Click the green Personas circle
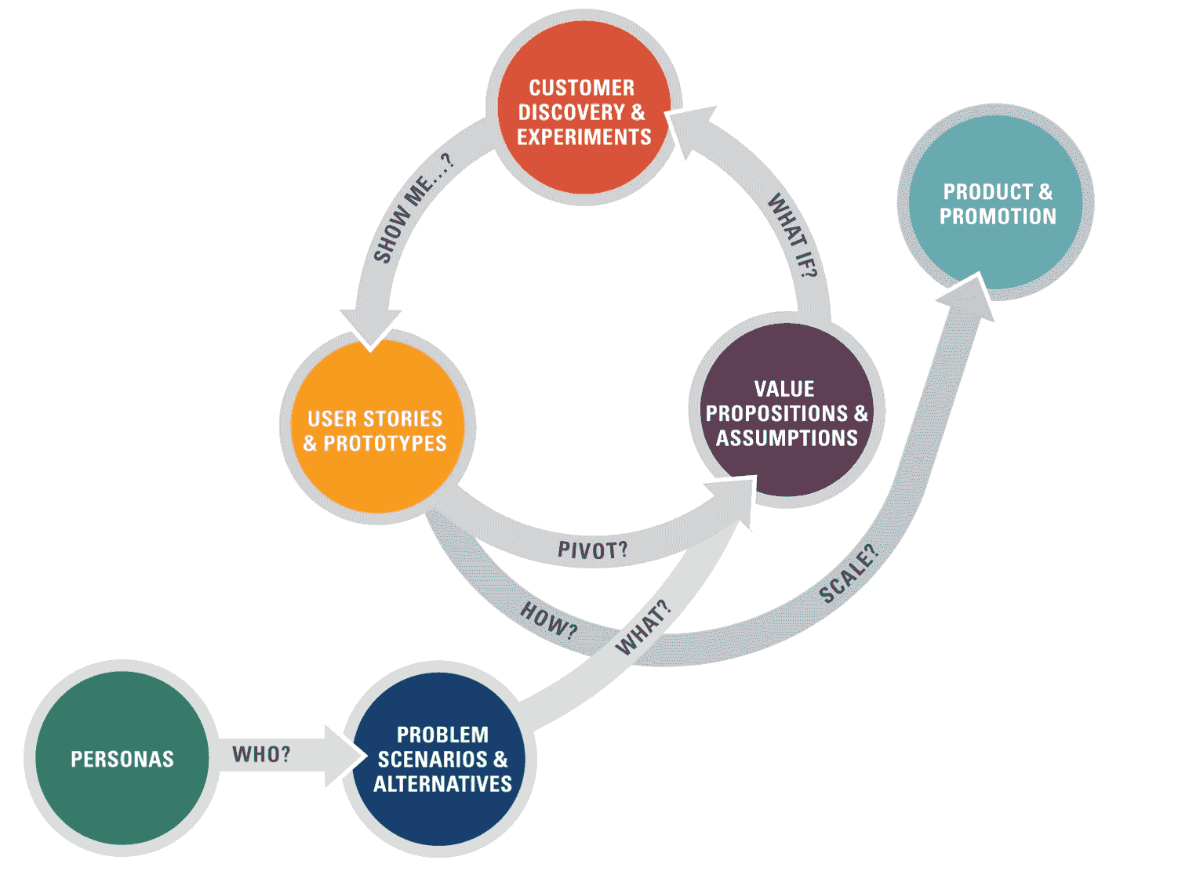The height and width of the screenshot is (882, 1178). pos(122,758)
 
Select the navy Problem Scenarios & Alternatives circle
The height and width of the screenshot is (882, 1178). pos(441,758)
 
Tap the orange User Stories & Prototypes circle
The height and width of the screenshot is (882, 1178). pos(376,426)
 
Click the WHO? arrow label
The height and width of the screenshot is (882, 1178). pos(261,754)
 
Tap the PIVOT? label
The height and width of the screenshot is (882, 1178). pos(592,550)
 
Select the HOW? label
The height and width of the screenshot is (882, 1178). pos(549,619)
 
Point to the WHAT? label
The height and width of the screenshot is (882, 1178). pos(643,627)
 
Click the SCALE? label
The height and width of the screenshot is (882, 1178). pos(849,574)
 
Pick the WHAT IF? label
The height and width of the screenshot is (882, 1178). pos(792,236)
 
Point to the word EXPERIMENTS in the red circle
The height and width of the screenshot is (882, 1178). pos(584,137)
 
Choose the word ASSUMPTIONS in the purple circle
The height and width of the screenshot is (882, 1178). pos(787,437)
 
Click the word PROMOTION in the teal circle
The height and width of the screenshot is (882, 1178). pos(998,216)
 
